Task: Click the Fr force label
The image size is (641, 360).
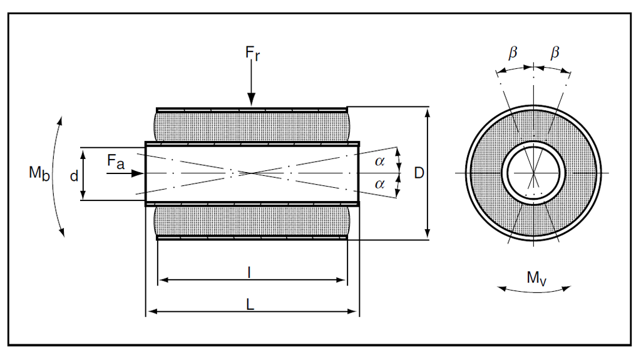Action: coord(252,53)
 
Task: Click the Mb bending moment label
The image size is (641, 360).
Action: coord(38,174)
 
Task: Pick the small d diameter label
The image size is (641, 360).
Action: coord(74,177)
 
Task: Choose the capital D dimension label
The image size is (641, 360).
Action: coord(419,173)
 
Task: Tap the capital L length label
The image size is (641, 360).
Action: coord(250,304)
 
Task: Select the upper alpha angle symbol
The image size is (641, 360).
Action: coord(380,162)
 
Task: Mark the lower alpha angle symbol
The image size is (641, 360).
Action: coord(380,184)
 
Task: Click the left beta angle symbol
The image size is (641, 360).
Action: coord(513,54)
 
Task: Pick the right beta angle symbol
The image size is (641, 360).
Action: coord(555,54)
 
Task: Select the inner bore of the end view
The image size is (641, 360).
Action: coord(533,172)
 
